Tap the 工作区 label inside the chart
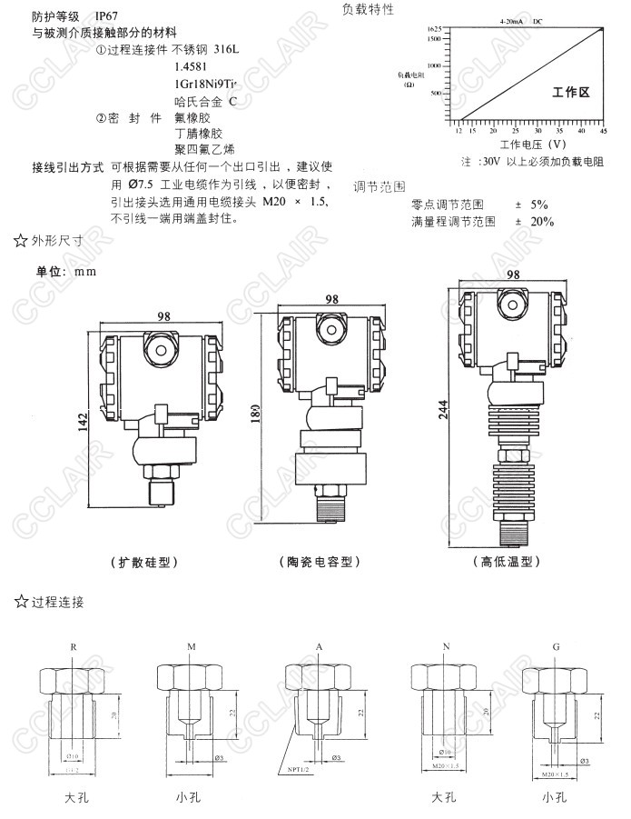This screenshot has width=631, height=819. [571, 93]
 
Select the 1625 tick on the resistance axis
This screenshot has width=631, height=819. [435, 29]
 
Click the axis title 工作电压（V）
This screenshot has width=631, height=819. [533, 144]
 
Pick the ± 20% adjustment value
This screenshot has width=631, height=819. [535, 221]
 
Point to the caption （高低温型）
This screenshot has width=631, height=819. [507, 562]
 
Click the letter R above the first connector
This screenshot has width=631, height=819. [74, 646]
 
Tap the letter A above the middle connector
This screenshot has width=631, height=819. [320, 646]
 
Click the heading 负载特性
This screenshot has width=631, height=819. [368, 9]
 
